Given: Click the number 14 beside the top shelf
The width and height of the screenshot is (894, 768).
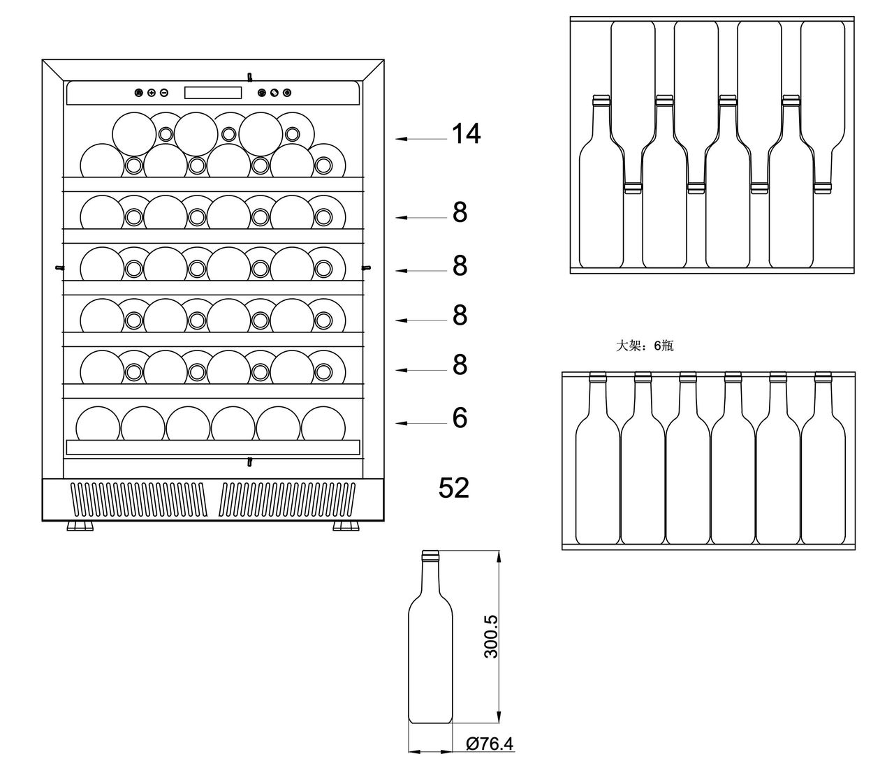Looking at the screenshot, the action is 466,133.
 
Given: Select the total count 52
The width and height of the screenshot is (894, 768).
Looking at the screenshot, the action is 453,488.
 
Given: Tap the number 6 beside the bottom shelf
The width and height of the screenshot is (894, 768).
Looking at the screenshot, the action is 460,418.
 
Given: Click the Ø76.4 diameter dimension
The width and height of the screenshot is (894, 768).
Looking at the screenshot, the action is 490,744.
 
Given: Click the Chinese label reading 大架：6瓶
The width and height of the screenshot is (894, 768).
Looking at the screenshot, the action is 645,346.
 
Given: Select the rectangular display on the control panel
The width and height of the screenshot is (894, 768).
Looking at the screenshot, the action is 213,93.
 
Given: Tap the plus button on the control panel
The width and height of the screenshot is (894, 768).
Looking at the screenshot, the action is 152,93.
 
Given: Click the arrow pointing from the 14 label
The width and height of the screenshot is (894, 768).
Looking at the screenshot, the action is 421,139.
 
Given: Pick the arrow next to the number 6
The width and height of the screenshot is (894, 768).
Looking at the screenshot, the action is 421,423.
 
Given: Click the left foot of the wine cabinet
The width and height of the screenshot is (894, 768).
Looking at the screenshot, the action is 80,526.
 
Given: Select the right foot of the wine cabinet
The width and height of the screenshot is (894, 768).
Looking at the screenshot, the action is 346,526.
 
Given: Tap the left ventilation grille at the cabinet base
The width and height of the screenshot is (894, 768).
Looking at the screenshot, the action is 138,499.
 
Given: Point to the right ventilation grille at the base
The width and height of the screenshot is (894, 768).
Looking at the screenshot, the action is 287,499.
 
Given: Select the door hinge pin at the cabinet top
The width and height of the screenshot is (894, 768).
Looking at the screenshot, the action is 249,77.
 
